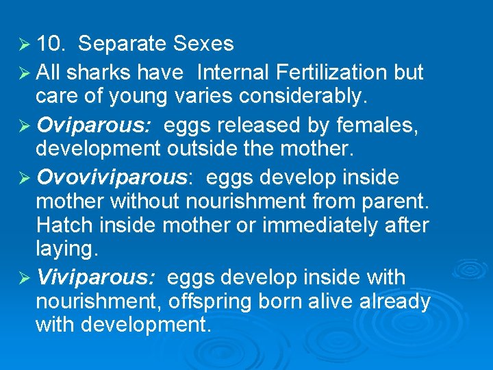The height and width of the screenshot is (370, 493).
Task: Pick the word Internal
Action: pyautogui.click(x=230, y=72)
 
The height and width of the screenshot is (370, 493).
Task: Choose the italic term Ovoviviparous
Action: pyautogui.click(x=112, y=178)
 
